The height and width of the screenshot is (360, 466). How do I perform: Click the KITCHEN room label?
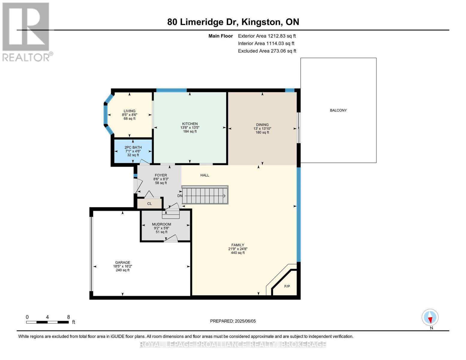(190, 124)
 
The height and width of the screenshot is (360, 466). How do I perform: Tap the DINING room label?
(262, 124)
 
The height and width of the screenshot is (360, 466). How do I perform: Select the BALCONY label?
(338, 110)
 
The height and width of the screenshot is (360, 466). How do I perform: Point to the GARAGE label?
(122, 262)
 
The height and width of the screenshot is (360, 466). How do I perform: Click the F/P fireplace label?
(287, 286)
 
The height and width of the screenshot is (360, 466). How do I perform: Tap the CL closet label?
(149, 204)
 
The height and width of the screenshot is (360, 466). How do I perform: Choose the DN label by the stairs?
(180, 196)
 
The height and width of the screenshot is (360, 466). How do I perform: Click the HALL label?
(205, 175)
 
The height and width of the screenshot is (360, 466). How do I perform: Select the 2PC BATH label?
(133, 147)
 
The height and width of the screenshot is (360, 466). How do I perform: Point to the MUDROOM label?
(161, 224)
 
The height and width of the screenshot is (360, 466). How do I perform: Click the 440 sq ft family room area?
(238, 253)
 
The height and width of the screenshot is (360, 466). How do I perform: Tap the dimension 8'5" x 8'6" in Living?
(130, 115)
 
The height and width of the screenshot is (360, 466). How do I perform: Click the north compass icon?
(430, 317)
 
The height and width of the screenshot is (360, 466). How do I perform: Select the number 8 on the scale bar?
(68, 317)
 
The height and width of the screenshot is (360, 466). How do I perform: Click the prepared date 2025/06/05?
(245, 321)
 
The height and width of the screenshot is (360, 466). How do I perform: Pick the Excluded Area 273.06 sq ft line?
(267, 51)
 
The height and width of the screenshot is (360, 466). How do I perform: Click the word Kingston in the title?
(261, 22)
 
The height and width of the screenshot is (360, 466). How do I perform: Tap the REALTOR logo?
(26, 31)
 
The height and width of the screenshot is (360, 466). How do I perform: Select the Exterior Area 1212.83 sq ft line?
(267, 36)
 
